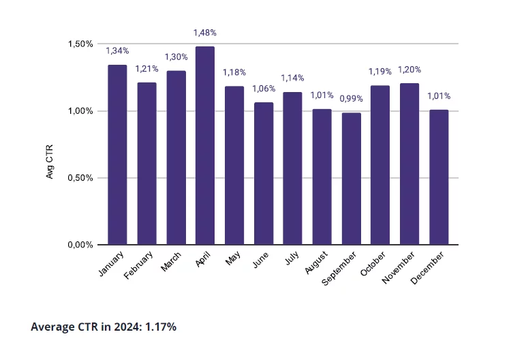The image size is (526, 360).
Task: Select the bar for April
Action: click(205, 145)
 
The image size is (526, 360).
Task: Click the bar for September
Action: click(352, 179)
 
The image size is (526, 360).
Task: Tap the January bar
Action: click(117, 155)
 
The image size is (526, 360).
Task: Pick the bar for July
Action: click(293, 168)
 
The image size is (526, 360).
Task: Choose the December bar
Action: click(439, 177)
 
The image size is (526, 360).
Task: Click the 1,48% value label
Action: click(205, 33)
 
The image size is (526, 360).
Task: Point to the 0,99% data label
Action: click(352, 99)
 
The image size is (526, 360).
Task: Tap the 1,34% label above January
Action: click(117, 51)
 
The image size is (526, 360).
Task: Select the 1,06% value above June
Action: click(264, 89)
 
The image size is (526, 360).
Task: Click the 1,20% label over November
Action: click(410, 70)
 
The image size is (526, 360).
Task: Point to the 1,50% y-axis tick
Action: click(80, 44)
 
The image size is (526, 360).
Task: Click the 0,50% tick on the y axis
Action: click(80, 178)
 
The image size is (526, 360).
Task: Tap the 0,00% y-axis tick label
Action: click(80, 245)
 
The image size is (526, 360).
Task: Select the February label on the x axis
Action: click(139, 265)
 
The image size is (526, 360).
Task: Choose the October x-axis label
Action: click(374, 264)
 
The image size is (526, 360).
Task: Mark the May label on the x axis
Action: click(234, 258)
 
